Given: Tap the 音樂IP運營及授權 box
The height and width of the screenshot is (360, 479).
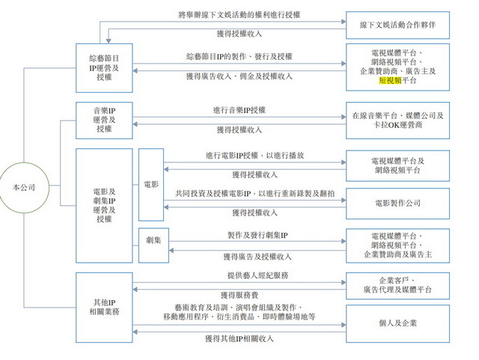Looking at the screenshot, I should [105, 119].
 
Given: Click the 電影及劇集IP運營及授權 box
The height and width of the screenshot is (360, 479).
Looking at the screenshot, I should [105, 199].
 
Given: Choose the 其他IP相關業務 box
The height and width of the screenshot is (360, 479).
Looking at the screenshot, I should [105, 307].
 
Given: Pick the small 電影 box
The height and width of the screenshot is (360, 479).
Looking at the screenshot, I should [150, 183].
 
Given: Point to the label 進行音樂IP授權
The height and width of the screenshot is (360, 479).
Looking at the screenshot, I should [239, 110].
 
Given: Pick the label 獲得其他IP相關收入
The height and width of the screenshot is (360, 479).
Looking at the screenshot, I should [239, 339].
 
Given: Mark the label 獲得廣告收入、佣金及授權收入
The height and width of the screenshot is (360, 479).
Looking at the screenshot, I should [239, 76].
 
